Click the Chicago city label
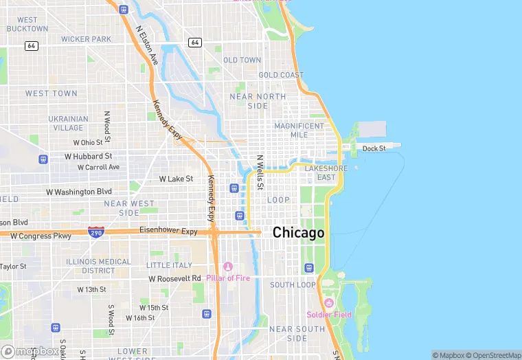(298, 233)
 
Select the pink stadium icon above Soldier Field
(329, 303)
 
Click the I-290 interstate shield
(96, 233)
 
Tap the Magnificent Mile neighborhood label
(299, 131)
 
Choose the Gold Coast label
(281, 75)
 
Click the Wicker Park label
(86, 39)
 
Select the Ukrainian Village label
(68, 123)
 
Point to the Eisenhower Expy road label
(168, 231)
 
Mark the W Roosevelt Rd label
(175, 278)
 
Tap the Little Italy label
(170, 265)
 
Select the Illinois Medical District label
(98, 266)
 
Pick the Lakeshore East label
(326, 172)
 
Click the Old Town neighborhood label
(242, 60)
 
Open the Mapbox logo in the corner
(30, 351)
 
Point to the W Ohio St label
(92, 142)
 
